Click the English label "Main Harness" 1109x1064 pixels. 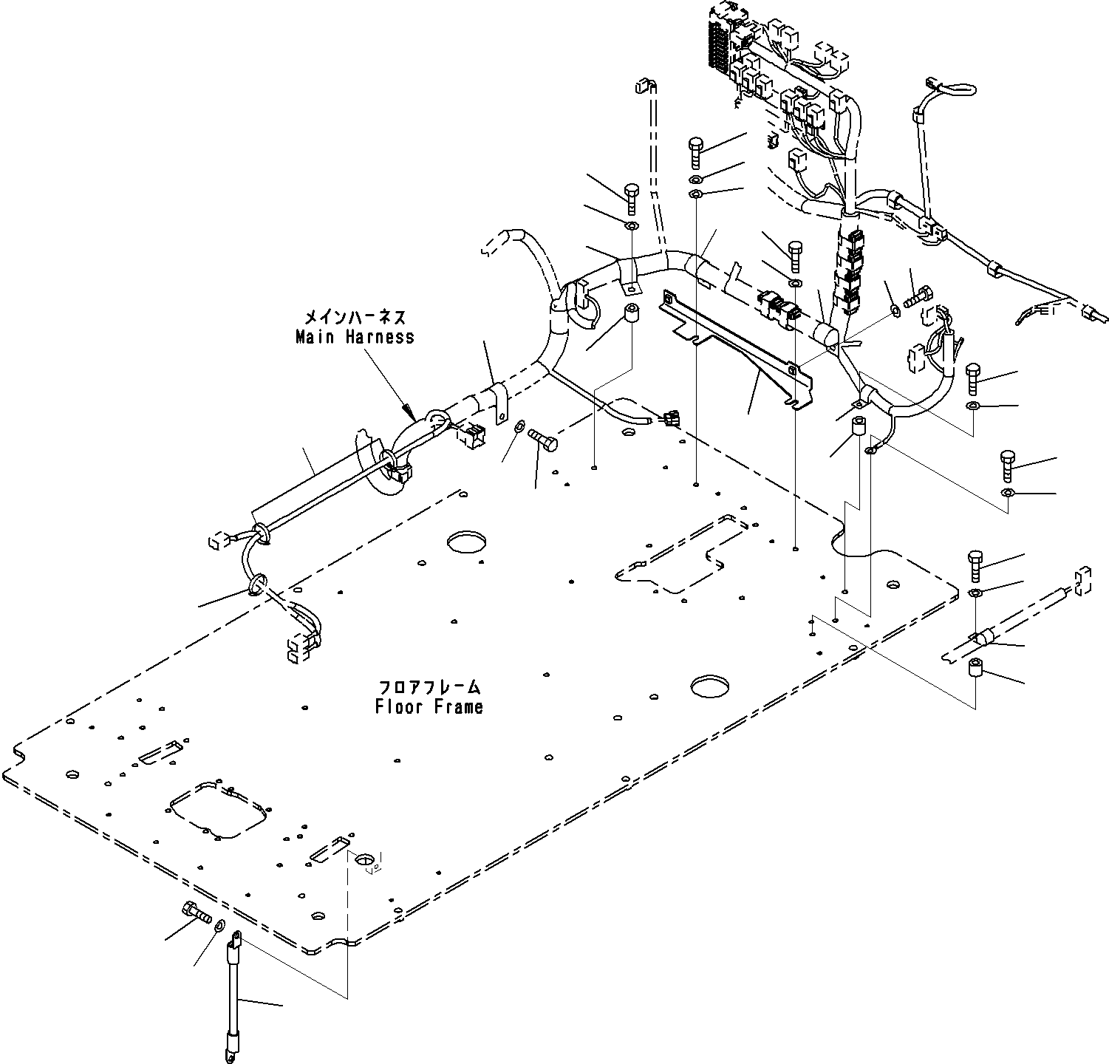coord(355,337)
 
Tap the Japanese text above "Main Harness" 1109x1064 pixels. coord(355,318)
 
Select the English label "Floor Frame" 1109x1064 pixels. coord(429,706)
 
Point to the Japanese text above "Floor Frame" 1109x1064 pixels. coord(429,686)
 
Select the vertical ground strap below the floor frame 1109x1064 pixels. coord(233,990)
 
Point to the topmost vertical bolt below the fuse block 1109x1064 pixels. coord(697,153)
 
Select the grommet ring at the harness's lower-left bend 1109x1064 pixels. coord(256,585)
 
